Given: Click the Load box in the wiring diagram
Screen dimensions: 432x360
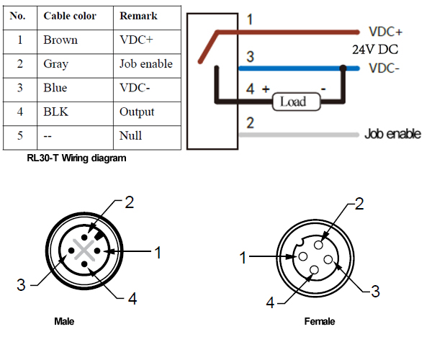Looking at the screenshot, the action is (x=297, y=102).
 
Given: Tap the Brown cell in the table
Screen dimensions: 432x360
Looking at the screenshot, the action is (x=60, y=40).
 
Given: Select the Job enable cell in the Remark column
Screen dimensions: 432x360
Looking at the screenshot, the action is (x=146, y=64).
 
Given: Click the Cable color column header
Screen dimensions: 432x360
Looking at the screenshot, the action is (x=70, y=16).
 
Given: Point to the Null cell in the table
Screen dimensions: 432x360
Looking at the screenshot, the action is (x=130, y=135).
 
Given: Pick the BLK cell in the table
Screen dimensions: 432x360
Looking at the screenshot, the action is (x=56, y=112).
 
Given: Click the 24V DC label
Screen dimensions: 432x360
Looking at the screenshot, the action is (x=375, y=50).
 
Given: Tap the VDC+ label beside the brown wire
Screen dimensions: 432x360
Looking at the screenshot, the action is (x=385, y=32).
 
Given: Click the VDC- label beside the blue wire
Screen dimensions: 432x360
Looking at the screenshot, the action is (x=384, y=68).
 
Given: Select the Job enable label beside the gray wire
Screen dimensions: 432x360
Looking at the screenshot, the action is (x=392, y=134).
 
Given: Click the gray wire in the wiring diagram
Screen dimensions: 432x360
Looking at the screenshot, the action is (x=299, y=135).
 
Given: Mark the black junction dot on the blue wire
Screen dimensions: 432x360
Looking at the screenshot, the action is (x=343, y=68).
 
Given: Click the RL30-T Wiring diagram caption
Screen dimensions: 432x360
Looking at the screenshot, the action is (x=76, y=158).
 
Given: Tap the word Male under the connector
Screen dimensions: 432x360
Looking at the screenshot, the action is (x=64, y=321).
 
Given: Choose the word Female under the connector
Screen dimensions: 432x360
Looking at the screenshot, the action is (x=320, y=321).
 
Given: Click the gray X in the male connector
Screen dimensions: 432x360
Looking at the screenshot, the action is (x=84, y=250).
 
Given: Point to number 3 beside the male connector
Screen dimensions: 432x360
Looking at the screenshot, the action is (x=21, y=285).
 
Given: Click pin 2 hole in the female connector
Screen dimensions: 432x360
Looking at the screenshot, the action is (x=318, y=245).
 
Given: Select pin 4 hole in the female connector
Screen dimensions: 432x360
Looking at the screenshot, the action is (x=314, y=270).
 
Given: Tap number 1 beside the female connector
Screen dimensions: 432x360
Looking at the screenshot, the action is (x=243, y=258).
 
